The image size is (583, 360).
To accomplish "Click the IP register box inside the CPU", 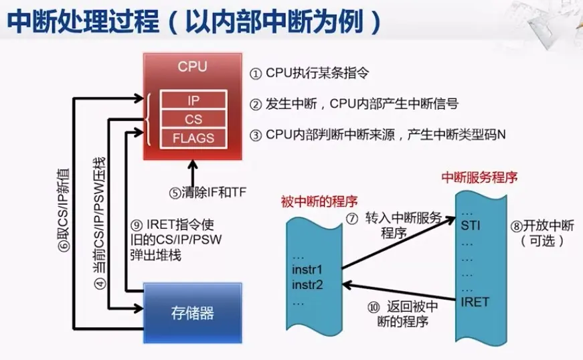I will click(193, 100).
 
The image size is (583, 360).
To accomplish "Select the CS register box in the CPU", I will click(193, 119).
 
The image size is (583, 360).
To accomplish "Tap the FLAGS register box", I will click(193, 139).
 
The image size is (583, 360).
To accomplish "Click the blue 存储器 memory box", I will click(193, 312).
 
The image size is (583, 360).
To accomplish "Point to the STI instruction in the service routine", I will click(471, 226).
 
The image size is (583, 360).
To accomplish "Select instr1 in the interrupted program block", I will click(308, 271).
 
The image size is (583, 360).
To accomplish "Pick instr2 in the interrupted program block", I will click(308, 286).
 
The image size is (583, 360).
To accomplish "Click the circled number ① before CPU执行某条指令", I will click(256, 73).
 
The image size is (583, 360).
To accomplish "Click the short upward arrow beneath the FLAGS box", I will click(193, 168).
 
